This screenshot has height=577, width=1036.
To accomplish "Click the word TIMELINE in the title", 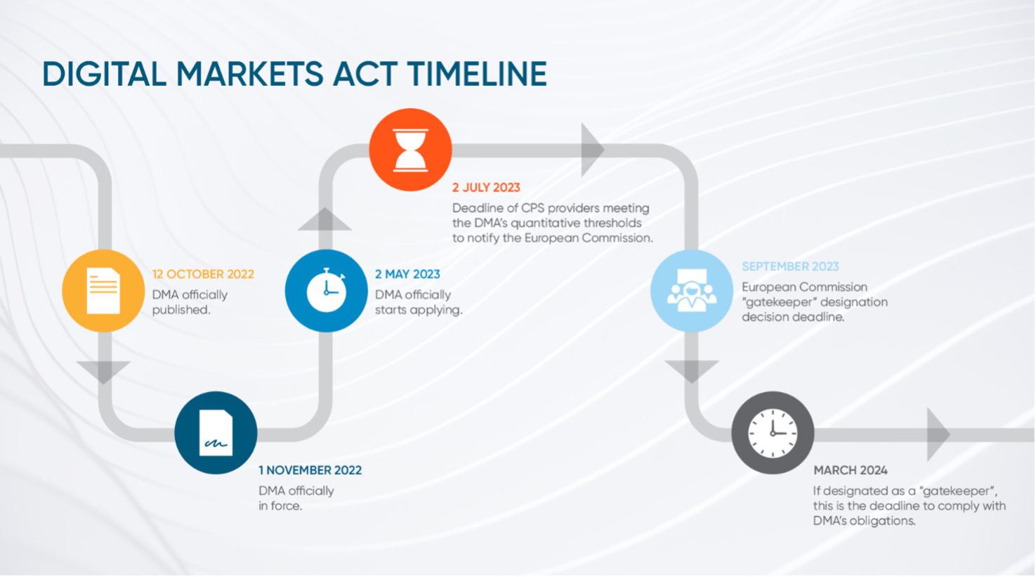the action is pos(477,74).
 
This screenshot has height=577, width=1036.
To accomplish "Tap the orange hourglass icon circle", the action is pos(410,150).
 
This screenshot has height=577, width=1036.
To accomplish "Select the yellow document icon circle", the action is pos(103,291).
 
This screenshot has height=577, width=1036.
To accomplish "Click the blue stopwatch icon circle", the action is pos(326,291).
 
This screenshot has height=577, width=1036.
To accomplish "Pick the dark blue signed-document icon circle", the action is pos(216,433).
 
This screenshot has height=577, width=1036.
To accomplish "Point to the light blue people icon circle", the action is pos(691,291).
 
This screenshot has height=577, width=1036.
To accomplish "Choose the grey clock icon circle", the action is pos(773,433).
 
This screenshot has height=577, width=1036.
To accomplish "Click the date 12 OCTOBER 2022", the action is pos(203,274).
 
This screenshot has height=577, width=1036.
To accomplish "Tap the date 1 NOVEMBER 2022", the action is pos(310,471).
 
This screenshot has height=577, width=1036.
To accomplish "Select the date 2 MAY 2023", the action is pos(407,274).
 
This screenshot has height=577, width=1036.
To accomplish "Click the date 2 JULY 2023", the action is pos(486,188).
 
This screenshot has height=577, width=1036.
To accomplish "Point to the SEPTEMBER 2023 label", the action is pos(790,266).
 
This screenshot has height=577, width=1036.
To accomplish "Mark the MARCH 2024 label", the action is pos(851,471).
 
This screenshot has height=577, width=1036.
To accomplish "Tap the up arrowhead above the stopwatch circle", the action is pos(324,219).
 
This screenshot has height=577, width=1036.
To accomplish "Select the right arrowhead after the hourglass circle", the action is pos(593,150).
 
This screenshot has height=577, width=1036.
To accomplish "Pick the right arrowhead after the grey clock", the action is pos(938,434).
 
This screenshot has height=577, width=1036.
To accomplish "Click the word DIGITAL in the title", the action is pos(105,74).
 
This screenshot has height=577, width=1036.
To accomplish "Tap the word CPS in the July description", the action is pos(533,208).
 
